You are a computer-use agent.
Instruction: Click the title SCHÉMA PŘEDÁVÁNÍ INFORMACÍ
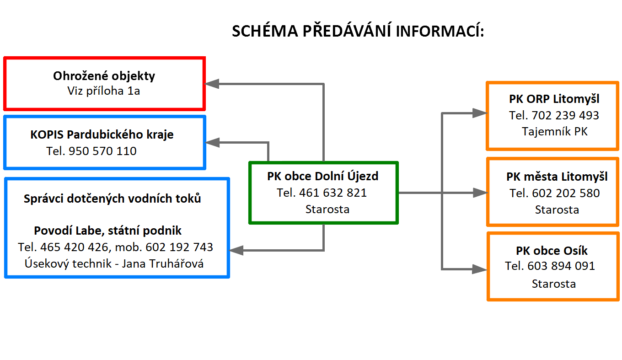point(358,30)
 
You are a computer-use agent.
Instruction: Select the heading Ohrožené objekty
point(104,76)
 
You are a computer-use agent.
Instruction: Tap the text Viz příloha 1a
point(103,91)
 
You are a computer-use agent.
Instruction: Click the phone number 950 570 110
point(102,151)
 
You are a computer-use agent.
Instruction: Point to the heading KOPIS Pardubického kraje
point(102,135)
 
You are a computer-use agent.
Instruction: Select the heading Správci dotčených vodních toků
point(112,199)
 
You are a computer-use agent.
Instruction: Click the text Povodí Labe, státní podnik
point(108,231)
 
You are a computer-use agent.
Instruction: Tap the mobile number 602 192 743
point(179,247)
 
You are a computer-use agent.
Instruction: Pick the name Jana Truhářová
point(163,263)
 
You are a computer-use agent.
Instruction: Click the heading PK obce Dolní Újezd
point(323,177)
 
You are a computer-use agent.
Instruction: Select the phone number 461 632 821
point(333,193)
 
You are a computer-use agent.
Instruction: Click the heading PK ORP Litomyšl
point(554,99)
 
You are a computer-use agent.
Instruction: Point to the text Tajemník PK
point(555,132)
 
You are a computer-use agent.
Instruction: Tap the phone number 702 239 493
point(565,116)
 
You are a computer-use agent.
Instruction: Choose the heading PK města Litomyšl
point(557,177)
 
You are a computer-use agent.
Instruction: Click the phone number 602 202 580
point(566,193)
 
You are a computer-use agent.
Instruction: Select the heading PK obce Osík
point(552,251)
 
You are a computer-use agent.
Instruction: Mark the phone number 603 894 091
point(561,266)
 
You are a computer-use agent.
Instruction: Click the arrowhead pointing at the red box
point(212,84)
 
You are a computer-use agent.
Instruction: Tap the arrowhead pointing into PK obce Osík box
point(480,269)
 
